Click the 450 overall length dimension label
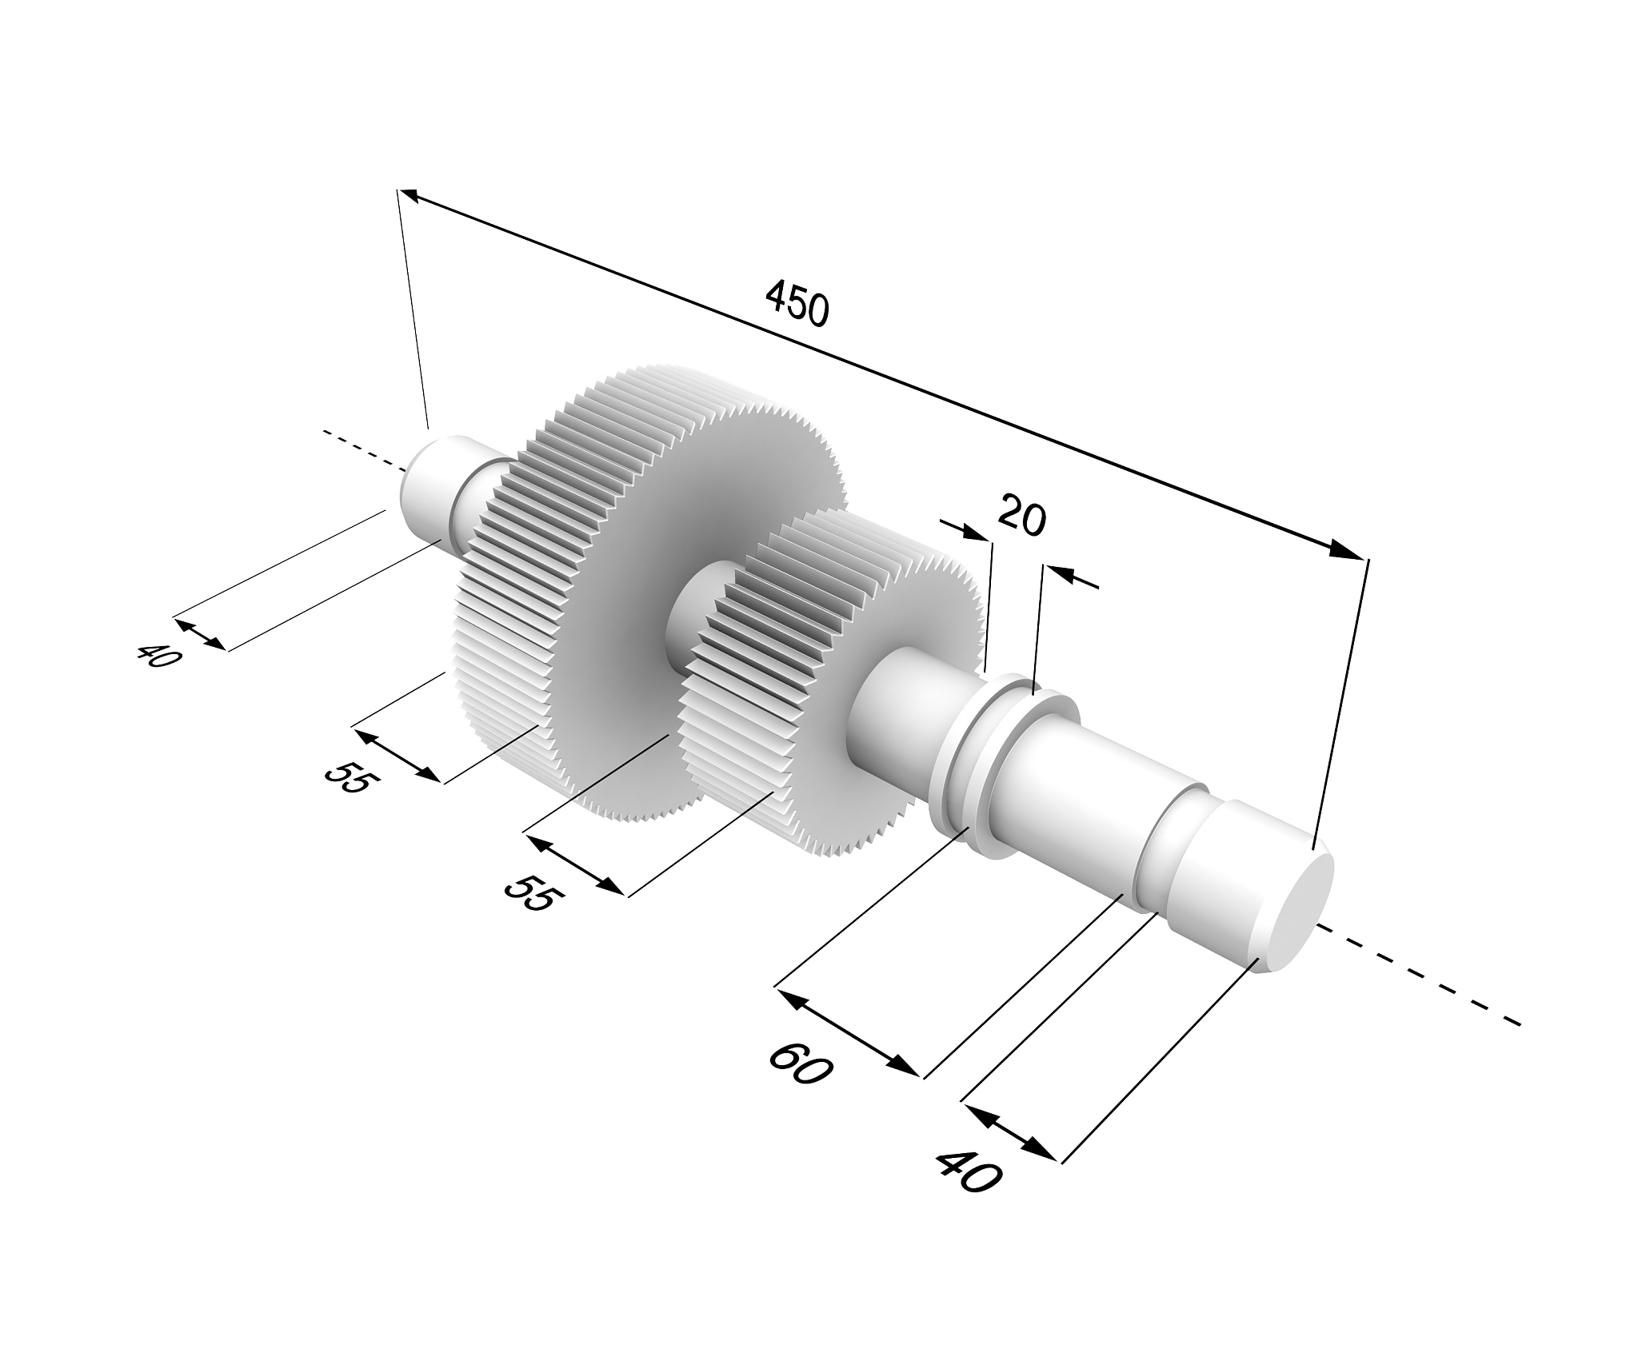[797, 303]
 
